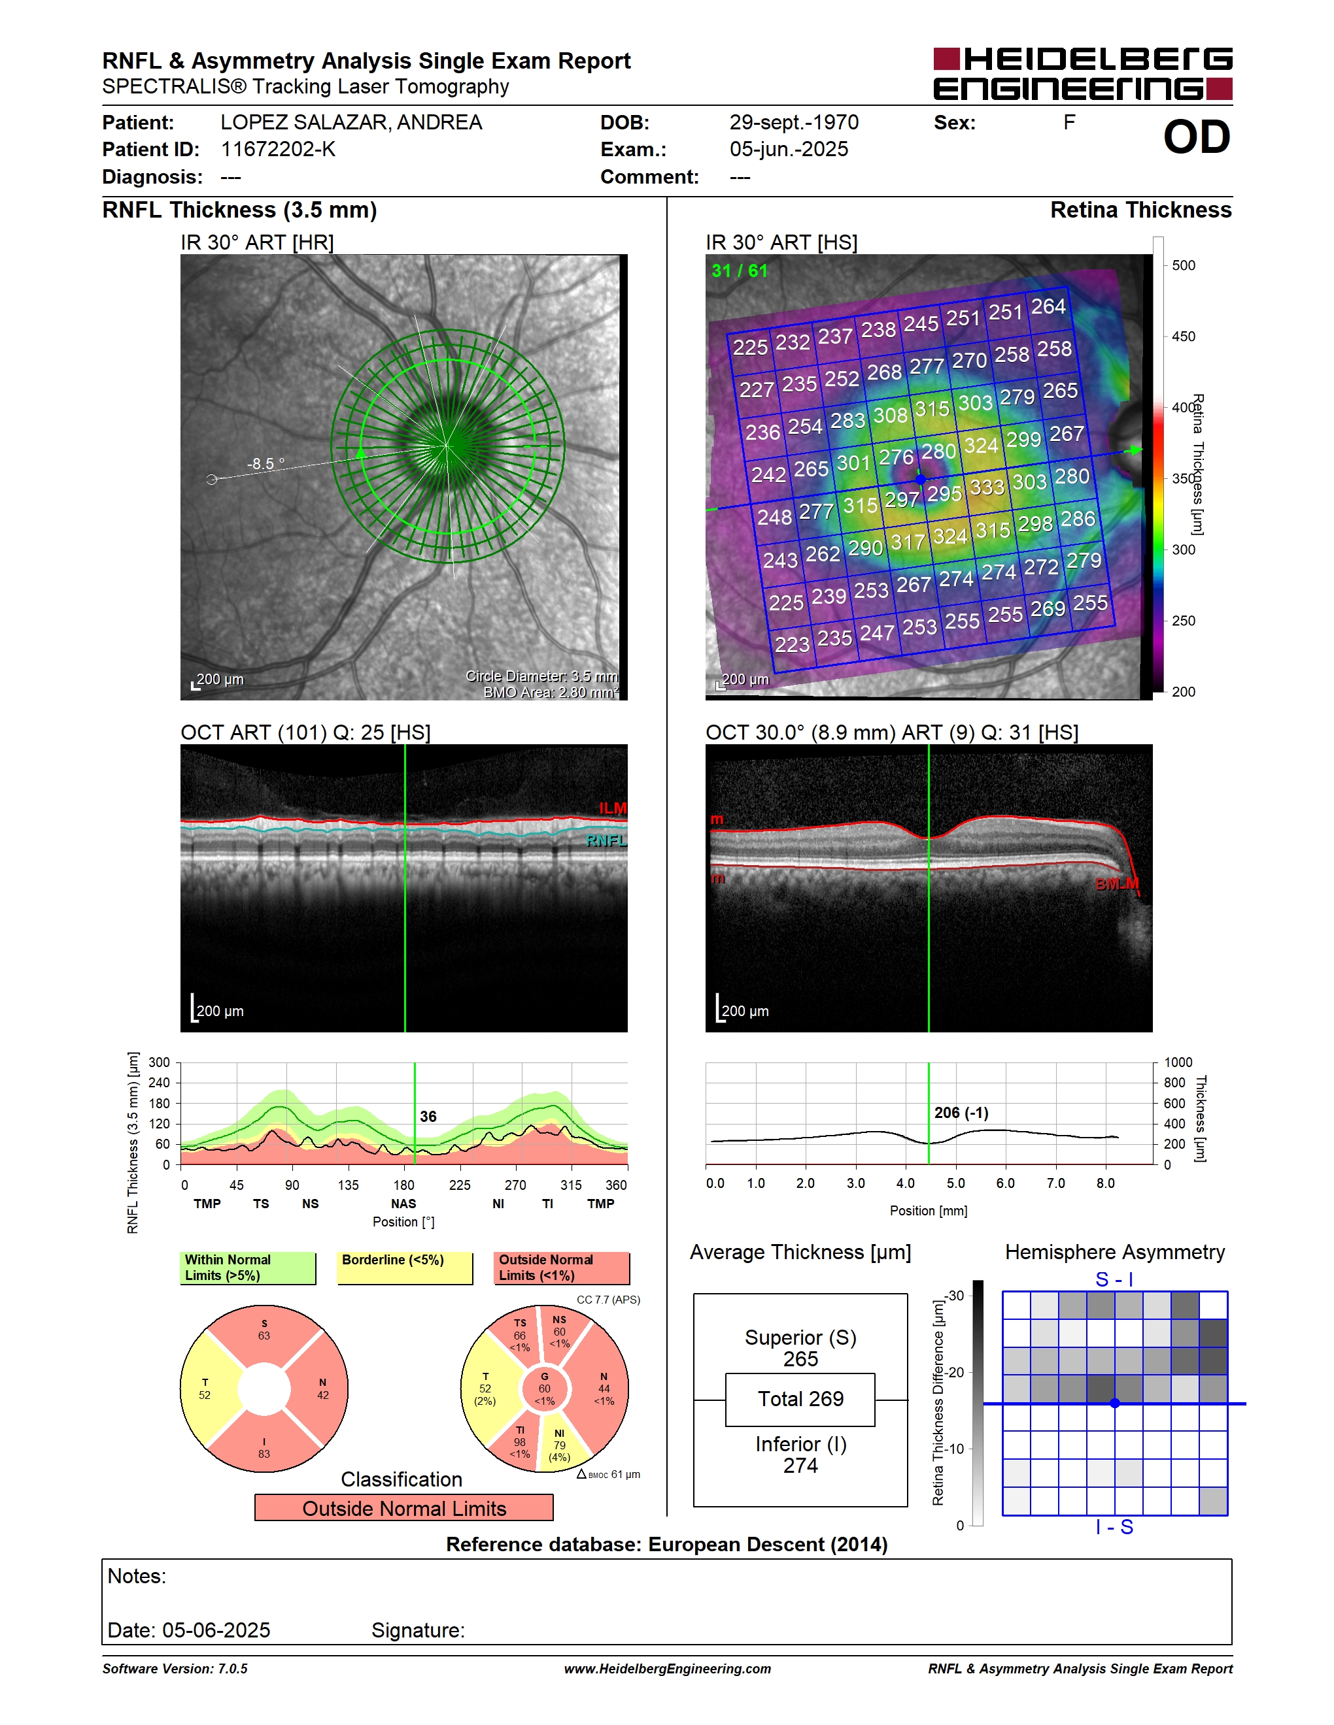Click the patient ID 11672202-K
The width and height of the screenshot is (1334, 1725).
278,149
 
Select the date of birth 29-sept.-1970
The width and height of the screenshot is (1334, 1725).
793,122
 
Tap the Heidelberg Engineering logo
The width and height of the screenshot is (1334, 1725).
1083,73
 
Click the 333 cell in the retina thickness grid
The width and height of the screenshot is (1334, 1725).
987,487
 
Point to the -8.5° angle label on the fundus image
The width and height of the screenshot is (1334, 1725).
265,464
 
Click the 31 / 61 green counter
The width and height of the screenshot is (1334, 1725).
740,271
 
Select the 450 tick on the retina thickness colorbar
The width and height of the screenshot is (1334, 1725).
1183,337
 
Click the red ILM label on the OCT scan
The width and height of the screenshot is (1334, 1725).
613,808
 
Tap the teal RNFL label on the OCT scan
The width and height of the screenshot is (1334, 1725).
606,840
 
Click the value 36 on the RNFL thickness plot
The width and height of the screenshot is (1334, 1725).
428,1116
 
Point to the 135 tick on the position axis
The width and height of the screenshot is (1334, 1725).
348,1185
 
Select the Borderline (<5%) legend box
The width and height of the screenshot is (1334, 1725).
405,1268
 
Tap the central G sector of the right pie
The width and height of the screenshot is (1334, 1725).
545,1388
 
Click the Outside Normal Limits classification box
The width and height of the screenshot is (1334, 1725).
404,1508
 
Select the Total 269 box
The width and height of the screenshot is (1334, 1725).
800,1400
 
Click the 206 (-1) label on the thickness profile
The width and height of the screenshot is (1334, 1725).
961,1113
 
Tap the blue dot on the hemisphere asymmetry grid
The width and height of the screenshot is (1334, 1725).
1114,1404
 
